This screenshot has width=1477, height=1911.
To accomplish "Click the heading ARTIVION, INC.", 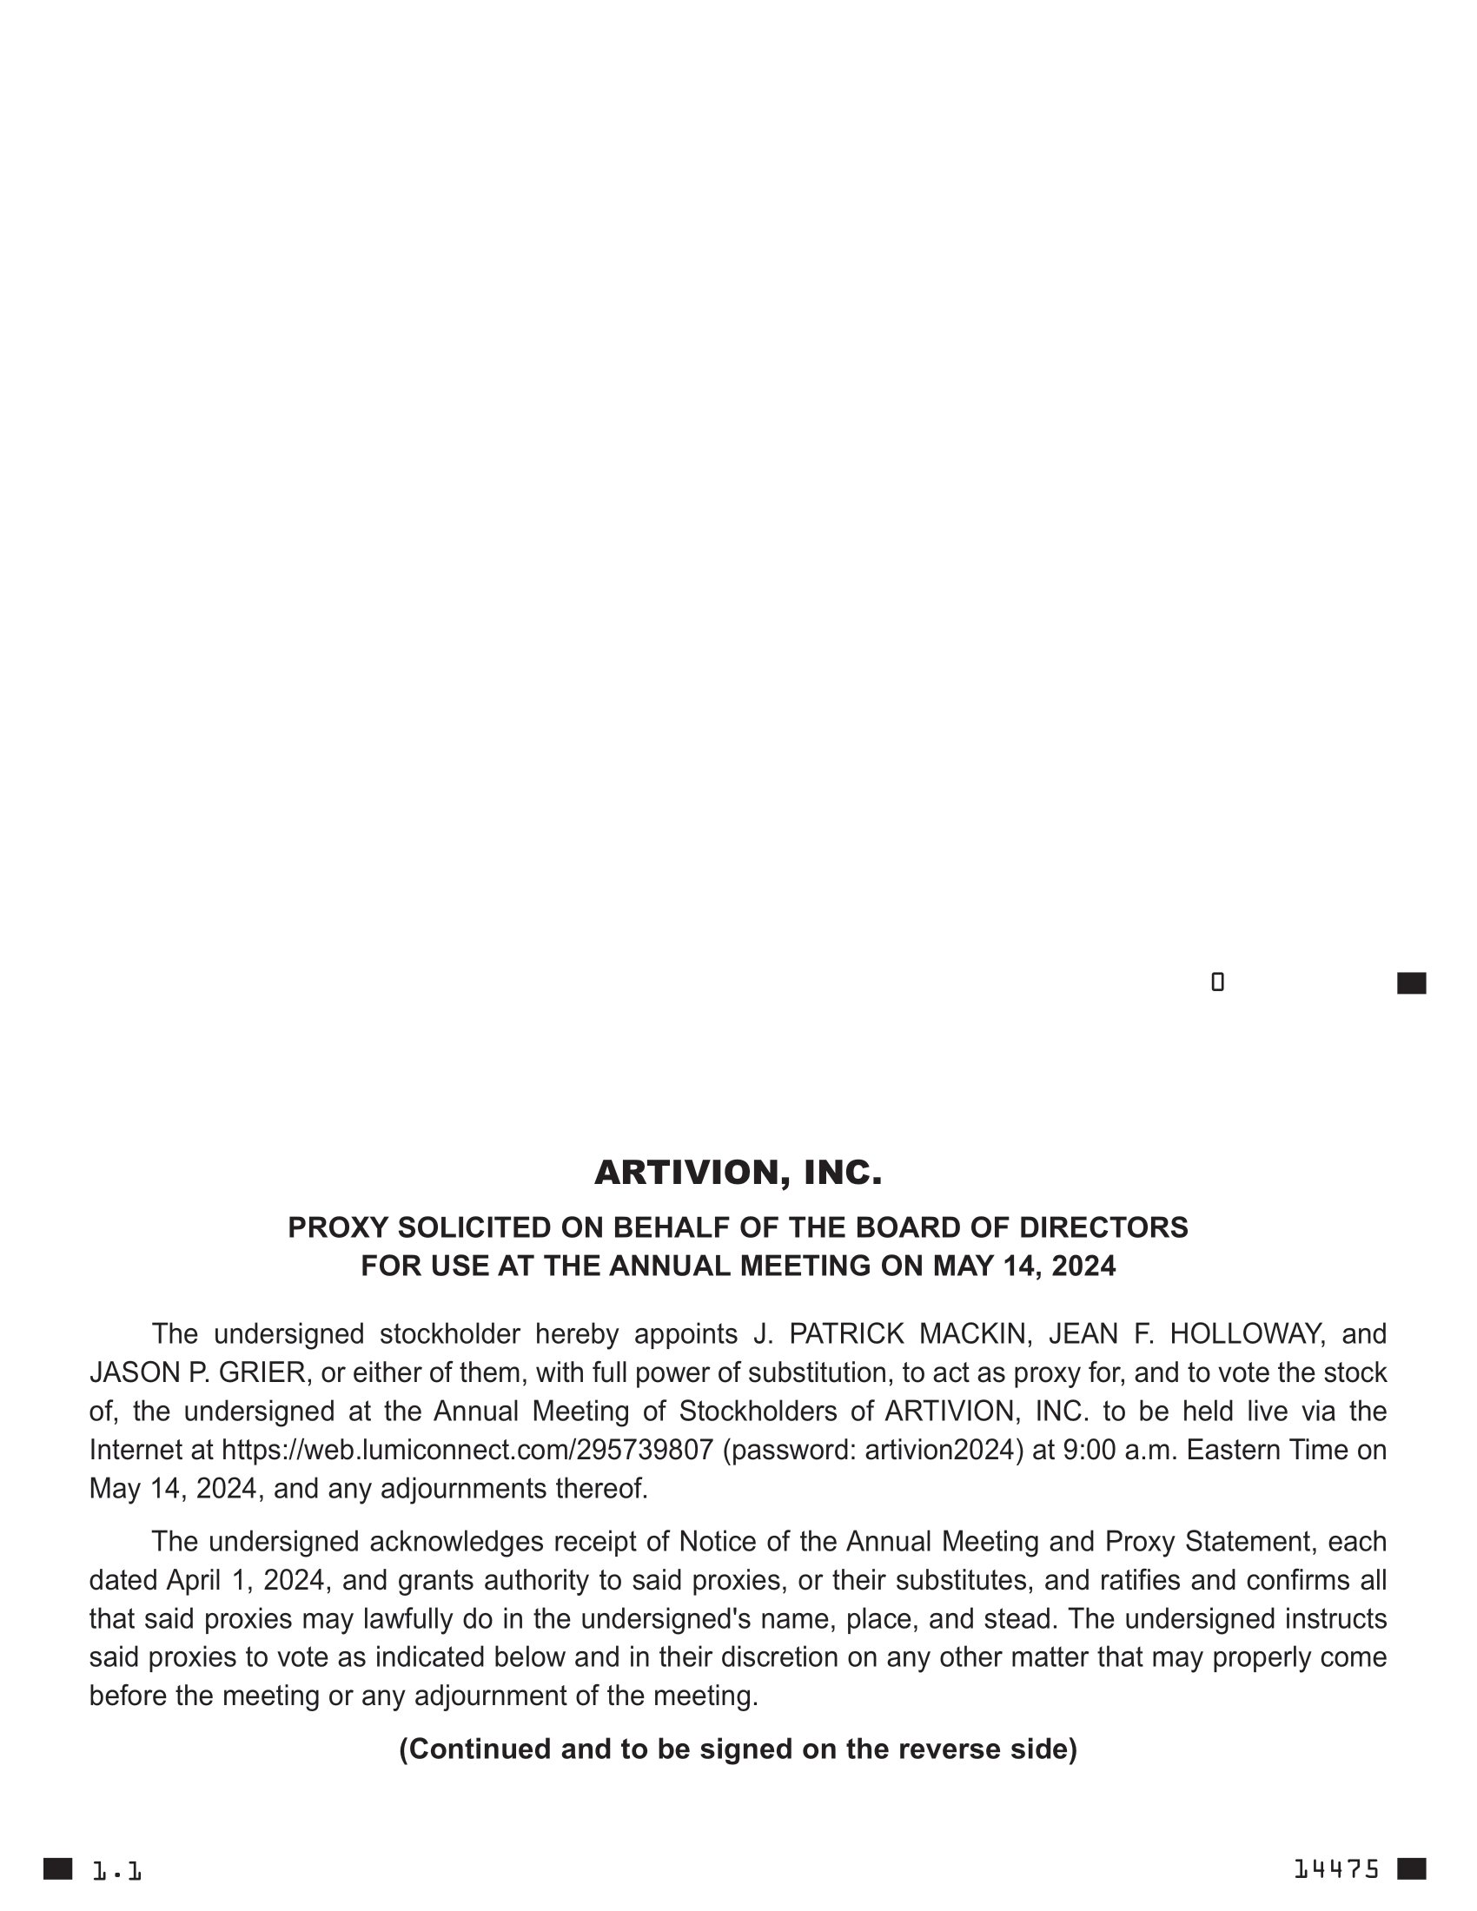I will pyautogui.click(x=738, y=1173).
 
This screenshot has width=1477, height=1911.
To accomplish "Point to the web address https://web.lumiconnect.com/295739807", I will pyautogui.click(x=467, y=1450).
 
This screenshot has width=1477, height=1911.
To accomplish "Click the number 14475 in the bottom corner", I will pyautogui.click(x=1336, y=1870).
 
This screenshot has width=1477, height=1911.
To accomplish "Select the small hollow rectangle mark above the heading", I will pyautogui.click(x=1217, y=982).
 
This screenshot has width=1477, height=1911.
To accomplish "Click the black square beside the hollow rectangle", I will pyautogui.click(x=1411, y=983).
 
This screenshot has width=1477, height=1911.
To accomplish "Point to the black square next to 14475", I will pyautogui.click(x=1411, y=1869).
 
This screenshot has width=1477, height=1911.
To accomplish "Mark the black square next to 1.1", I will pyautogui.click(x=57, y=1869).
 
